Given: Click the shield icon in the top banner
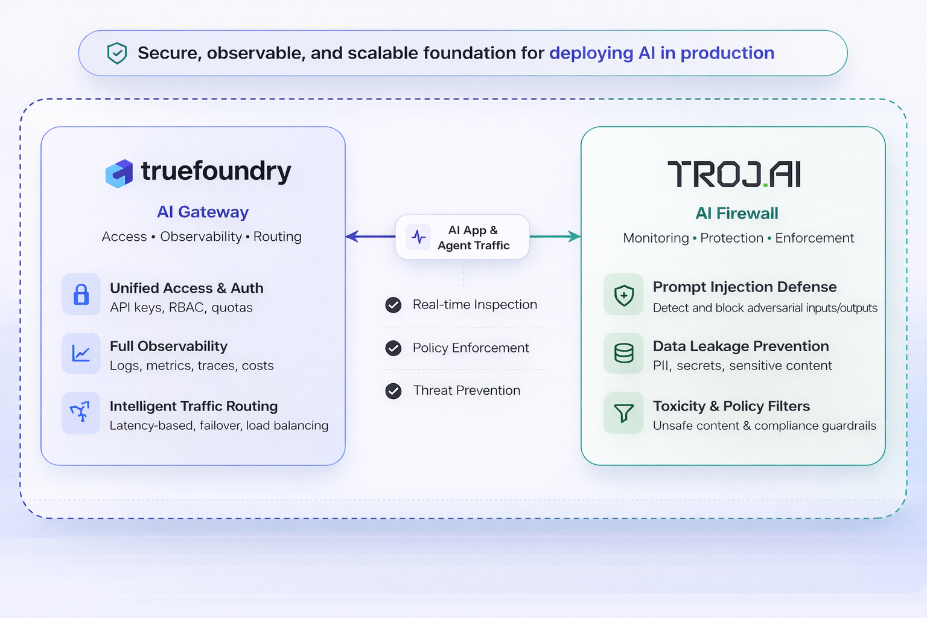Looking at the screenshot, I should [x=116, y=53].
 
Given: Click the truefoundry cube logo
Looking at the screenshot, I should [x=119, y=173].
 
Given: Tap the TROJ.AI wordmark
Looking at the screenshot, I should [x=734, y=174].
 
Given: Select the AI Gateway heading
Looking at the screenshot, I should [x=203, y=212].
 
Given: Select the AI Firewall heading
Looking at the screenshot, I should [x=736, y=213].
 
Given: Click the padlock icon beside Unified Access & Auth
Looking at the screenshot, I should [x=81, y=295].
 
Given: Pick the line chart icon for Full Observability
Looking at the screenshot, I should [x=81, y=353].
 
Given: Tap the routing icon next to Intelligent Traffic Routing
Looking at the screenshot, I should [x=80, y=413].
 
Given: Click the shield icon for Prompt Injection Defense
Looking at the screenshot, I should [x=623, y=295].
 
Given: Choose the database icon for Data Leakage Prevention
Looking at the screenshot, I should [x=623, y=353].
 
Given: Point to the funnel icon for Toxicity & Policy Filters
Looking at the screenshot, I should [x=623, y=413].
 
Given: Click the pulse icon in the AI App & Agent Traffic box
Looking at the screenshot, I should [x=419, y=237].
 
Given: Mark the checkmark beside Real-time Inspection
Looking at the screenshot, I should [x=393, y=305].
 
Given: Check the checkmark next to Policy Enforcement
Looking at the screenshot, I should [x=393, y=348].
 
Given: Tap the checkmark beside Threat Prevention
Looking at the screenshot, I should [x=393, y=391].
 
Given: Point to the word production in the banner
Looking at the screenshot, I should [x=727, y=53].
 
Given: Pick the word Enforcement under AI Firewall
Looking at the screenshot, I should [x=814, y=238].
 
